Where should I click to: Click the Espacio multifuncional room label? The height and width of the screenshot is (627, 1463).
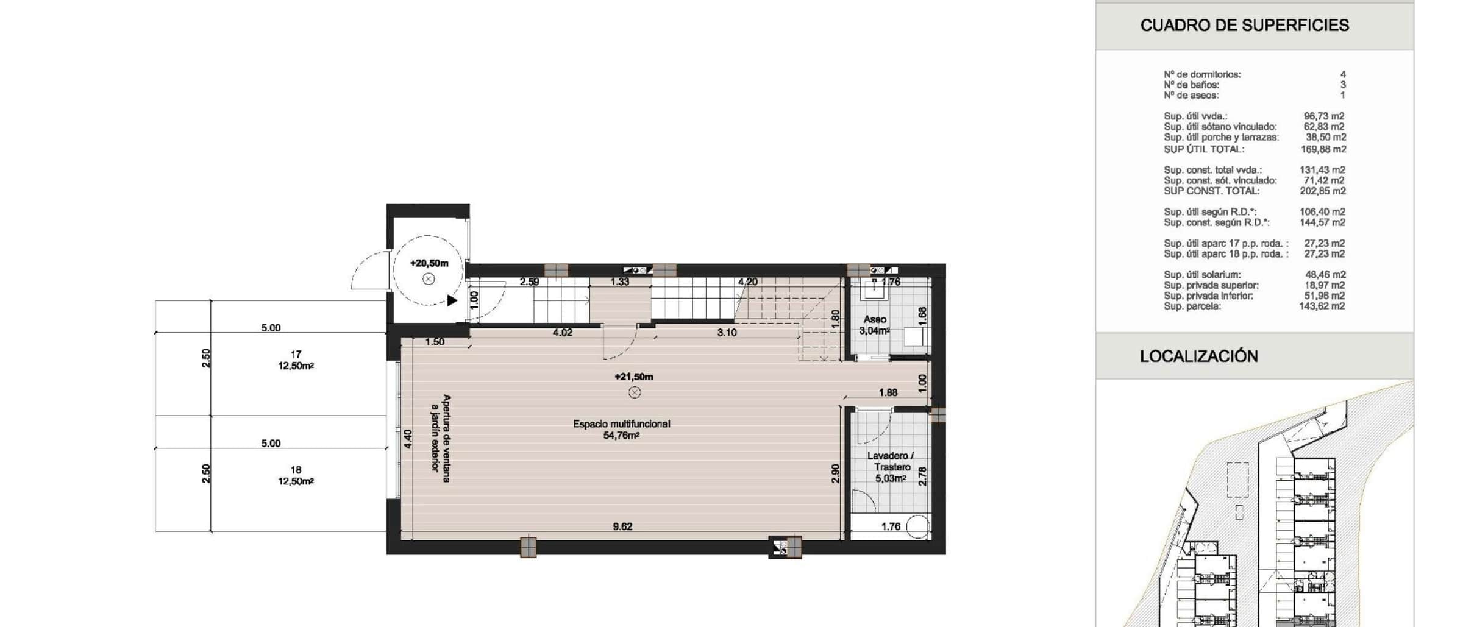621,424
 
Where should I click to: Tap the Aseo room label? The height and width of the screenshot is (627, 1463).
875,319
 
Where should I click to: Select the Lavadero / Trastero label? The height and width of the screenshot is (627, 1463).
891,461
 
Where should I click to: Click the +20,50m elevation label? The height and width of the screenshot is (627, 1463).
429,263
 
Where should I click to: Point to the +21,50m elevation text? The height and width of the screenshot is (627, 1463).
634,377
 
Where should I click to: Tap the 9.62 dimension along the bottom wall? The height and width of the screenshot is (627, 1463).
622,526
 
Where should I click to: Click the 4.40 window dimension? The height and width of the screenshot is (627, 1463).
408,439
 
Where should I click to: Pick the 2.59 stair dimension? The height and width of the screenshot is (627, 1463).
529,282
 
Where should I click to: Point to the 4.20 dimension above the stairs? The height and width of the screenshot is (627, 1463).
747,282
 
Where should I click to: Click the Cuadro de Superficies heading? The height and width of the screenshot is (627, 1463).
1244,26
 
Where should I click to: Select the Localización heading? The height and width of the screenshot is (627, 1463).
1198,356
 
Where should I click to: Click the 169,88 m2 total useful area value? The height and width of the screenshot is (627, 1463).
1323,149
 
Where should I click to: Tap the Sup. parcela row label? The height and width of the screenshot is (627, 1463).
1192,306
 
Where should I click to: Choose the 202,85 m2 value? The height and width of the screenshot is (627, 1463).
1323,191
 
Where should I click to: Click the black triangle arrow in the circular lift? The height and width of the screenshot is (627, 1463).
452,300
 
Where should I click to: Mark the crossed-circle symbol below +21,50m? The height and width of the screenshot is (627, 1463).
635,392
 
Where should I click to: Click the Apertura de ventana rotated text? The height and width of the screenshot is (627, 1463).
446,438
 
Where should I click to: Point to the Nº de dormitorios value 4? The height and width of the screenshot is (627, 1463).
1343,74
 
